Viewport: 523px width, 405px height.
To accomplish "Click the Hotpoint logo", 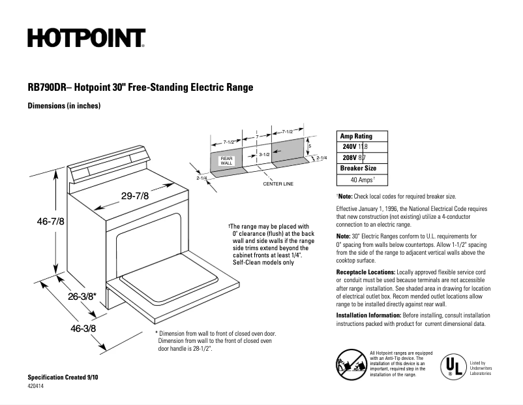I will pyautogui.click(x=86, y=39).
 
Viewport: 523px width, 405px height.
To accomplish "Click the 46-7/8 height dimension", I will pyautogui.click(x=50, y=221).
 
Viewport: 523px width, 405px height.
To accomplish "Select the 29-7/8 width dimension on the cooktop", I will pyautogui.click(x=135, y=195).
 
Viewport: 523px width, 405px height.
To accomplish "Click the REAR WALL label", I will pyautogui.click(x=226, y=161).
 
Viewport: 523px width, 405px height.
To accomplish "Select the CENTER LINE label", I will pyautogui.click(x=278, y=184).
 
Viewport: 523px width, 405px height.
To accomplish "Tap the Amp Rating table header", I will pyautogui.click(x=357, y=137).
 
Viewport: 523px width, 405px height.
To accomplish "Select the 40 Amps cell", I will pyautogui.click(x=362, y=179).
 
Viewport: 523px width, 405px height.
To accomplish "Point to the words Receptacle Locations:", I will pyautogui.click(x=365, y=271).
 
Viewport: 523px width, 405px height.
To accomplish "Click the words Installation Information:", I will pyautogui.click(x=368, y=316).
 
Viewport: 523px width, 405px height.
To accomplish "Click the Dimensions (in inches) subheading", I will pyautogui.click(x=64, y=106).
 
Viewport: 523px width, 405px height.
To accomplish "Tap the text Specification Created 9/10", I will pyautogui.click(x=63, y=378).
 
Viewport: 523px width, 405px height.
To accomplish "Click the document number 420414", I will pyautogui.click(x=37, y=387).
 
